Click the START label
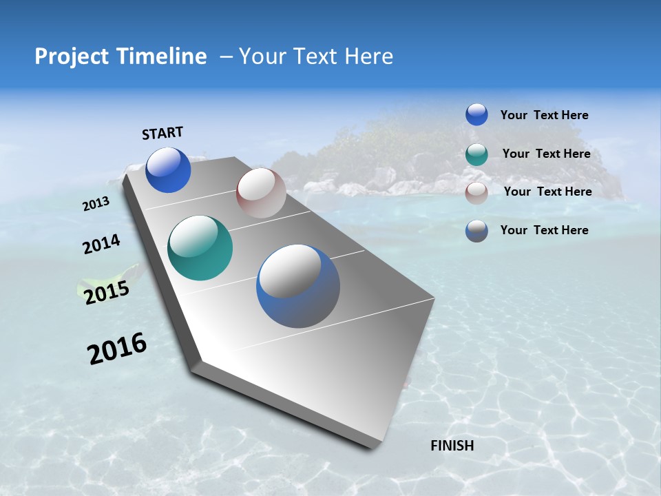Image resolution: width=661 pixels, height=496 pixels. click(162, 133)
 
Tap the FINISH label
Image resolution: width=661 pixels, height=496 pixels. click(452, 446)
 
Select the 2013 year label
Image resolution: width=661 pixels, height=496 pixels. click(96, 203)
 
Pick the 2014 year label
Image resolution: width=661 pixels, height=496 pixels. click(101, 244)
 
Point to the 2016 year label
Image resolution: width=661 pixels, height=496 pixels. click(117, 348)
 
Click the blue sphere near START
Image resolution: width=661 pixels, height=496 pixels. click(168, 169)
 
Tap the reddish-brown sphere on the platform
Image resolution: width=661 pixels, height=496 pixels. click(261, 193)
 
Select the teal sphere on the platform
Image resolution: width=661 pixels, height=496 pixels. click(200, 248)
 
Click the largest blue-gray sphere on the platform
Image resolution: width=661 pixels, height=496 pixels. click(298, 286)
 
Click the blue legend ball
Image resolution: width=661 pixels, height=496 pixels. click(476, 114)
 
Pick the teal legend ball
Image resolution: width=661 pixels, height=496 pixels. click(476, 154)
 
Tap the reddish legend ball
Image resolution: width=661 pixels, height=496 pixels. click(476, 193)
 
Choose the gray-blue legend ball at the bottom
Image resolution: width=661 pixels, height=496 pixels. click(476, 231)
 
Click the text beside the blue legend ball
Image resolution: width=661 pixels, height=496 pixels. click(544, 116)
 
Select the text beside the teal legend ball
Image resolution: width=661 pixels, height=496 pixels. click(546, 154)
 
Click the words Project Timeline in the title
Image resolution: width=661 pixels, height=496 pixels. click(120, 56)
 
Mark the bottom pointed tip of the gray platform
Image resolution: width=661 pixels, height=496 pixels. click(373, 446)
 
